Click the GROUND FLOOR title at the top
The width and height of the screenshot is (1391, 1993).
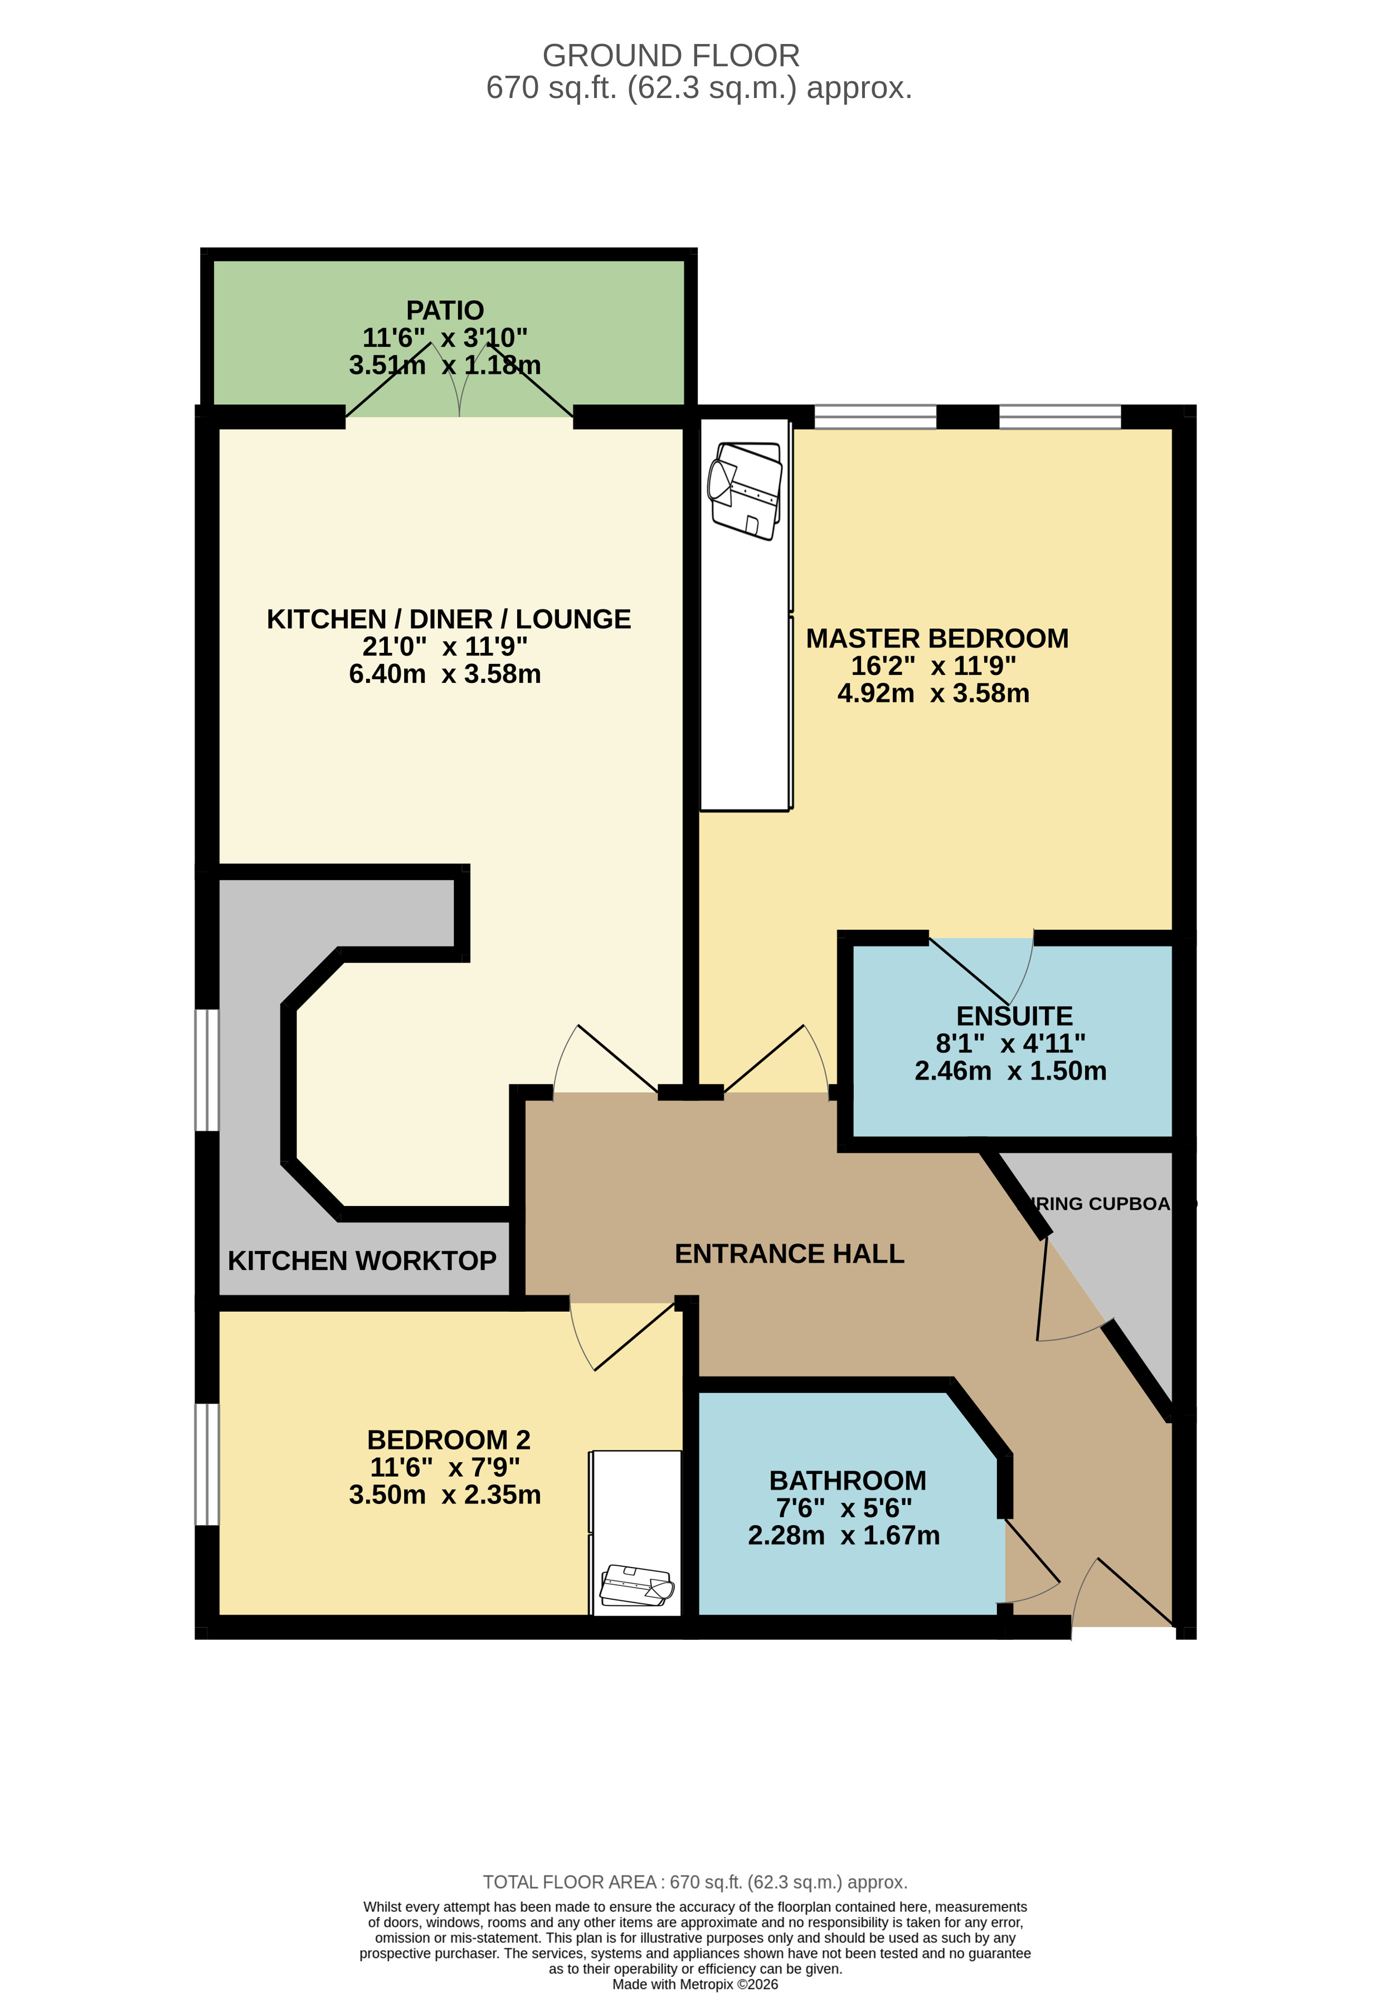coord(670,56)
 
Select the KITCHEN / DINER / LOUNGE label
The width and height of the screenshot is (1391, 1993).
coord(448,619)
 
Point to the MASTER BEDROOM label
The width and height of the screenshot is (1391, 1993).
coord(937,638)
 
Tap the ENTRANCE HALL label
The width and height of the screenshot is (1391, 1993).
coord(789,1253)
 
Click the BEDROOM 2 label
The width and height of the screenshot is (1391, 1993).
coord(448,1440)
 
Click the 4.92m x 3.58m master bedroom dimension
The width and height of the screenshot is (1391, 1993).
coord(933,693)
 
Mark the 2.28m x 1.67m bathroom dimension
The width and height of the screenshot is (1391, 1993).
coord(844,1536)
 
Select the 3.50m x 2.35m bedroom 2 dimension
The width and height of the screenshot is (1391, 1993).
coord(445,1495)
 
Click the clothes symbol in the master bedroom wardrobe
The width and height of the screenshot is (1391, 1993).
coord(745,490)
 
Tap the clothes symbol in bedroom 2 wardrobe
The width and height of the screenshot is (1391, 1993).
coord(636,1585)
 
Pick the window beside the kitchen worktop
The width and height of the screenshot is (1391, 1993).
coord(207,1069)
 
